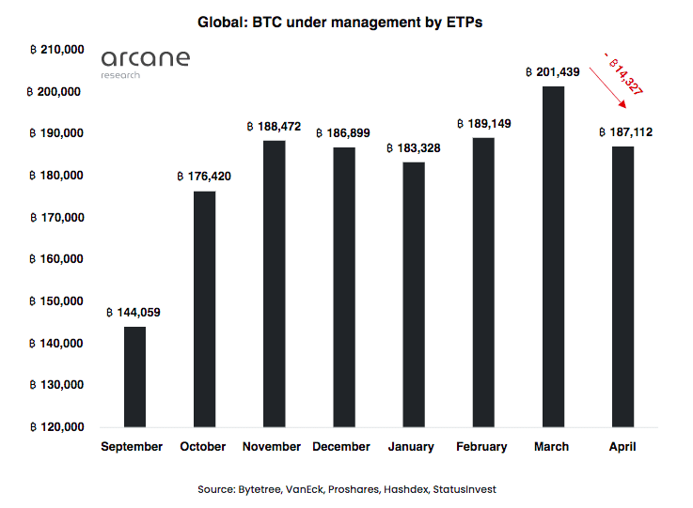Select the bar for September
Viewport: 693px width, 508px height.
point(134,377)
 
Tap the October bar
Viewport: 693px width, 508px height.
point(204,309)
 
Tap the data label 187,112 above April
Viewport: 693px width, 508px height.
point(625,132)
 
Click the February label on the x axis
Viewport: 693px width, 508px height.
point(481,447)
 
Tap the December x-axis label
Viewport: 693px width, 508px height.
point(341,447)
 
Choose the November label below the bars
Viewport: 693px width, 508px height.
point(272,447)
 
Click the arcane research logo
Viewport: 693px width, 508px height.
point(145,62)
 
